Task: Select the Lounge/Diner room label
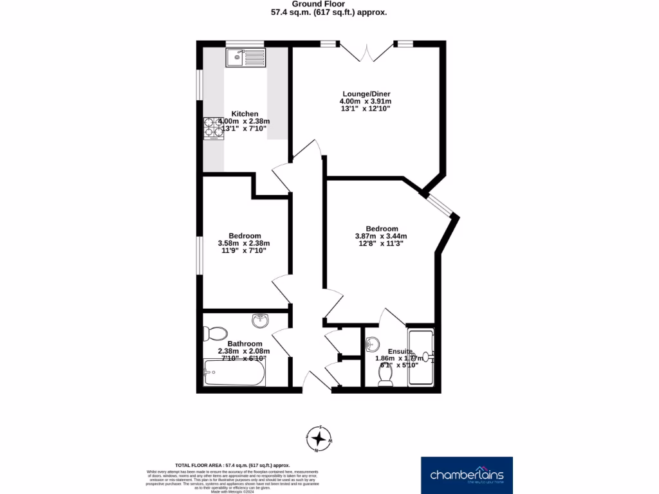click(x=365, y=94)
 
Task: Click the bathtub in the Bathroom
click(x=234, y=373)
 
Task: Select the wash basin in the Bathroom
click(x=260, y=320)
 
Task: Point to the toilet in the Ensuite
click(x=385, y=381)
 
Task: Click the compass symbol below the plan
click(x=318, y=439)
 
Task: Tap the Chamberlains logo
click(x=467, y=475)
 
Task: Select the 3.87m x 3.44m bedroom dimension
click(x=381, y=236)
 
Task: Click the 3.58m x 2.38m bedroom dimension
click(x=243, y=243)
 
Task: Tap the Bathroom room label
click(x=240, y=343)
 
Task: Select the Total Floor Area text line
click(x=232, y=465)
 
